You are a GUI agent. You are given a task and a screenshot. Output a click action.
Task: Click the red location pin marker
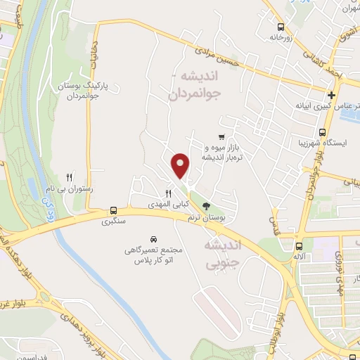[x=181, y=165]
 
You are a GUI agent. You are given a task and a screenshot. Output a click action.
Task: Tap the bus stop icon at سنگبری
[x=113, y=210]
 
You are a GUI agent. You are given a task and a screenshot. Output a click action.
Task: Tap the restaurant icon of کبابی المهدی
[x=168, y=193]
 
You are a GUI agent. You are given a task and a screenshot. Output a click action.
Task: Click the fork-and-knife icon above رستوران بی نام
[x=69, y=177]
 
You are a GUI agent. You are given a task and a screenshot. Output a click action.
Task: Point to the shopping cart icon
[x=221, y=137]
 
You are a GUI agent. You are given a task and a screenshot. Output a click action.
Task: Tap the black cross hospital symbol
[x=330, y=95]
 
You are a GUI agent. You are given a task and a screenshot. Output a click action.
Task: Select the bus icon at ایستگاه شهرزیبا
[x=322, y=132]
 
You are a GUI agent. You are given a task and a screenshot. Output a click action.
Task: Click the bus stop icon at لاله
[x=300, y=246]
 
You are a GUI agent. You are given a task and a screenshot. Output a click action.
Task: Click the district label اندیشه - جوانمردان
[x=193, y=85]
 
